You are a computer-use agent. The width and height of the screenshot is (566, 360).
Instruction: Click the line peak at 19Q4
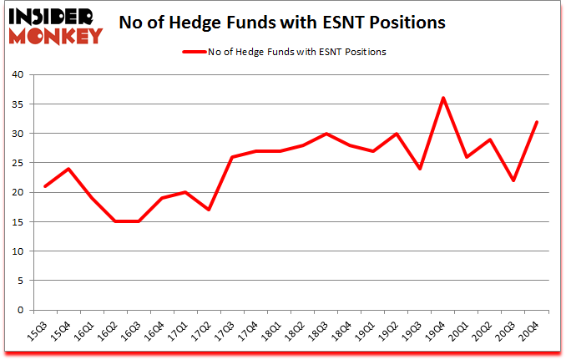[443, 98]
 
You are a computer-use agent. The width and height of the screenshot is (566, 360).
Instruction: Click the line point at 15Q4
[68, 169]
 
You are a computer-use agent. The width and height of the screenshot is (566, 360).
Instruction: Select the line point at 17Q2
[209, 210]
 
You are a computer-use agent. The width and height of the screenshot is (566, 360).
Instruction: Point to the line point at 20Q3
[513, 180]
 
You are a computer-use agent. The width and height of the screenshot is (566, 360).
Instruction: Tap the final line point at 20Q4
[537, 122]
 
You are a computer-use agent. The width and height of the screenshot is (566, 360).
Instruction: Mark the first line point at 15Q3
[45, 186]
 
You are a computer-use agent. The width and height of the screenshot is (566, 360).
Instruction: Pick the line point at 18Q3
[326, 134]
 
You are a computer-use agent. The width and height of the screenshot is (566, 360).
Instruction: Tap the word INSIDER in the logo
[53, 16]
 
